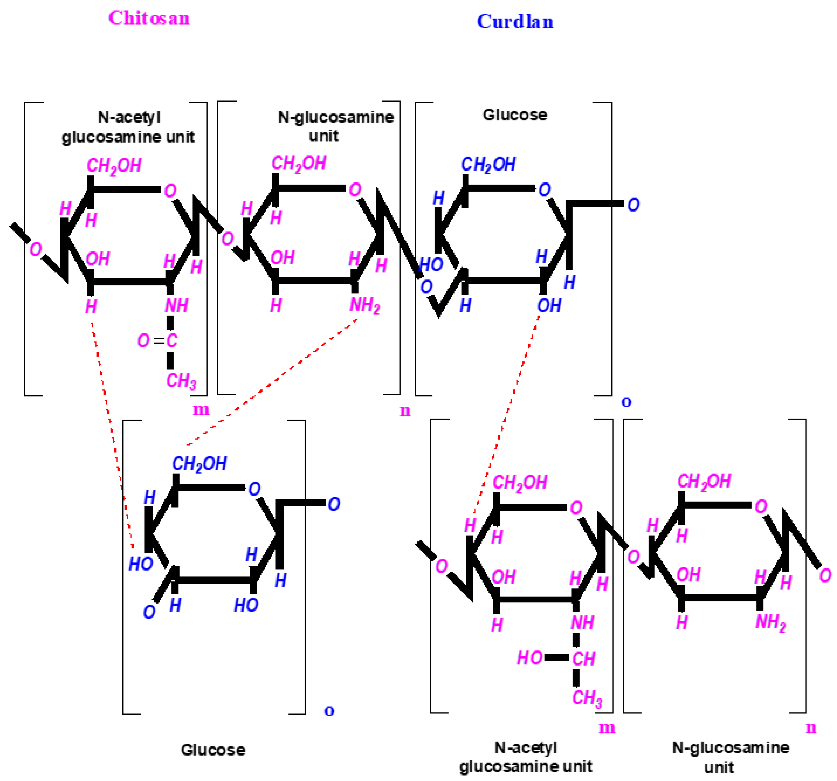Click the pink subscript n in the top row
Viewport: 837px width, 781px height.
405,410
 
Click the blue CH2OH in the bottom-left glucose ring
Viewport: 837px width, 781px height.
199,464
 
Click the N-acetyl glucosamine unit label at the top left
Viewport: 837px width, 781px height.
128,127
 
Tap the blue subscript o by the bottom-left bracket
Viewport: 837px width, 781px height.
329,711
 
